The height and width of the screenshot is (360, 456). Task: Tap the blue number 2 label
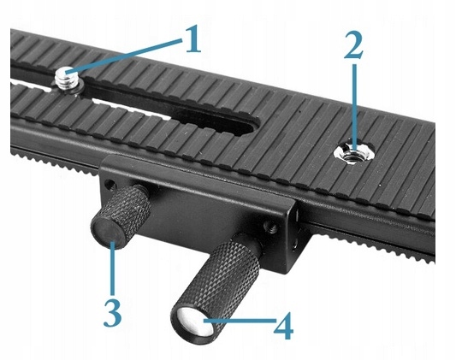(x=353, y=44)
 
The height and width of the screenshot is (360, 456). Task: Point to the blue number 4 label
(x=284, y=326)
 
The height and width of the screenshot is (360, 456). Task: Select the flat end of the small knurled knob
(x=107, y=231)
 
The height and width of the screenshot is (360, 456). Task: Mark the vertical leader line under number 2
(x=354, y=107)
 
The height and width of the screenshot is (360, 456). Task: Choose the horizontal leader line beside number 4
(x=240, y=321)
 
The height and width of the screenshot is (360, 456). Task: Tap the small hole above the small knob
(x=110, y=183)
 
